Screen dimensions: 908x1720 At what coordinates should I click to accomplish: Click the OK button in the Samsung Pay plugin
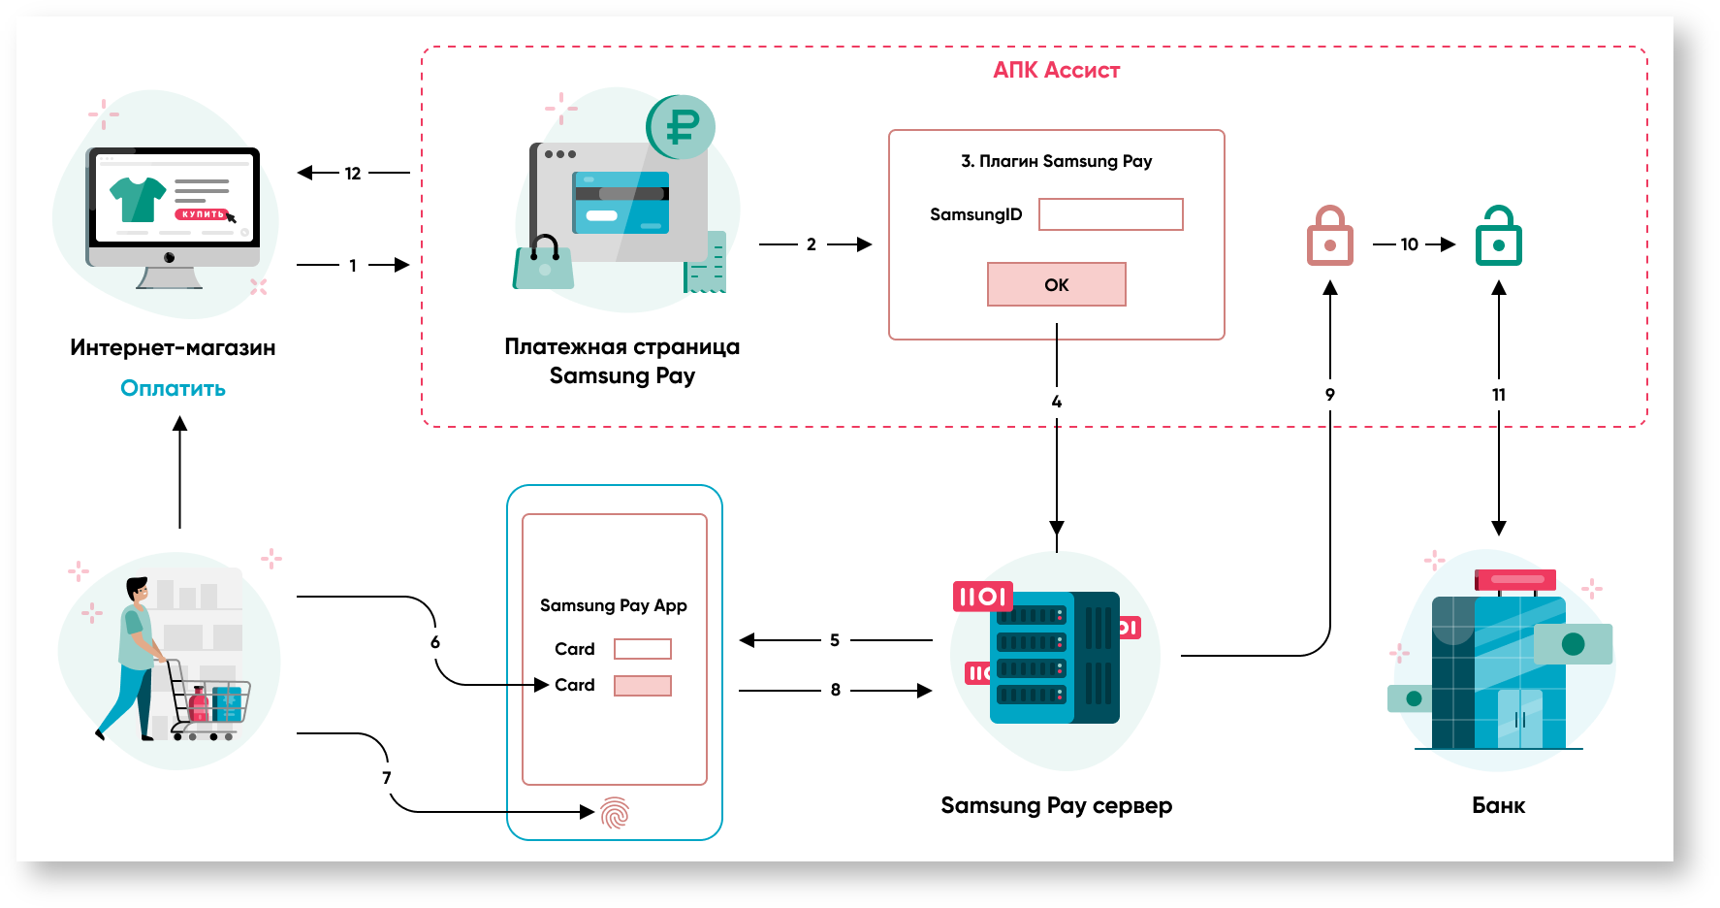click(1056, 284)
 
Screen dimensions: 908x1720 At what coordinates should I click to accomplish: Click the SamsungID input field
click(1110, 214)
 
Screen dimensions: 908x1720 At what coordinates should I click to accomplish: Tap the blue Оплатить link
click(173, 388)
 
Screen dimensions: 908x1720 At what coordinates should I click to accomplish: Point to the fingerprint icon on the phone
click(615, 813)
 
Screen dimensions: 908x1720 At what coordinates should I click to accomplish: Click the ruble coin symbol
click(682, 126)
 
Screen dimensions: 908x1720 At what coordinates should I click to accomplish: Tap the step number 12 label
click(353, 174)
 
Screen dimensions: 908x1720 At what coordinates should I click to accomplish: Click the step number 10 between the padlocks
click(1409, 244)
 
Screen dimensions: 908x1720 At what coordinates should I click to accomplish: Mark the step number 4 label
click(1057, 402)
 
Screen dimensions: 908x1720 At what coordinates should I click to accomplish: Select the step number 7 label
click(387, 778)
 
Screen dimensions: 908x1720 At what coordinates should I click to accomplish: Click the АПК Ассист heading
click(1056, 70)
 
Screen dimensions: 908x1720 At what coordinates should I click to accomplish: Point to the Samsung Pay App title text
click(613, 605)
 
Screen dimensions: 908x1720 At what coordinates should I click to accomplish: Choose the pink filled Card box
click(642, 686)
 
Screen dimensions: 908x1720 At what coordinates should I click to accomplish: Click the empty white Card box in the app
click(642, 649)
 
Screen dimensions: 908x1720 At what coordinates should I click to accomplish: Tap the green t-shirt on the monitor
click(138, 198)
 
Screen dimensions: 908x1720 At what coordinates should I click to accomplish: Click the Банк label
click(1498, 805)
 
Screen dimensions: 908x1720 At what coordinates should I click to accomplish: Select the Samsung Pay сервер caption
click(1056, 805)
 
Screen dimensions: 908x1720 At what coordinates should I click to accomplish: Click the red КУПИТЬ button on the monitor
click(202, 214)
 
